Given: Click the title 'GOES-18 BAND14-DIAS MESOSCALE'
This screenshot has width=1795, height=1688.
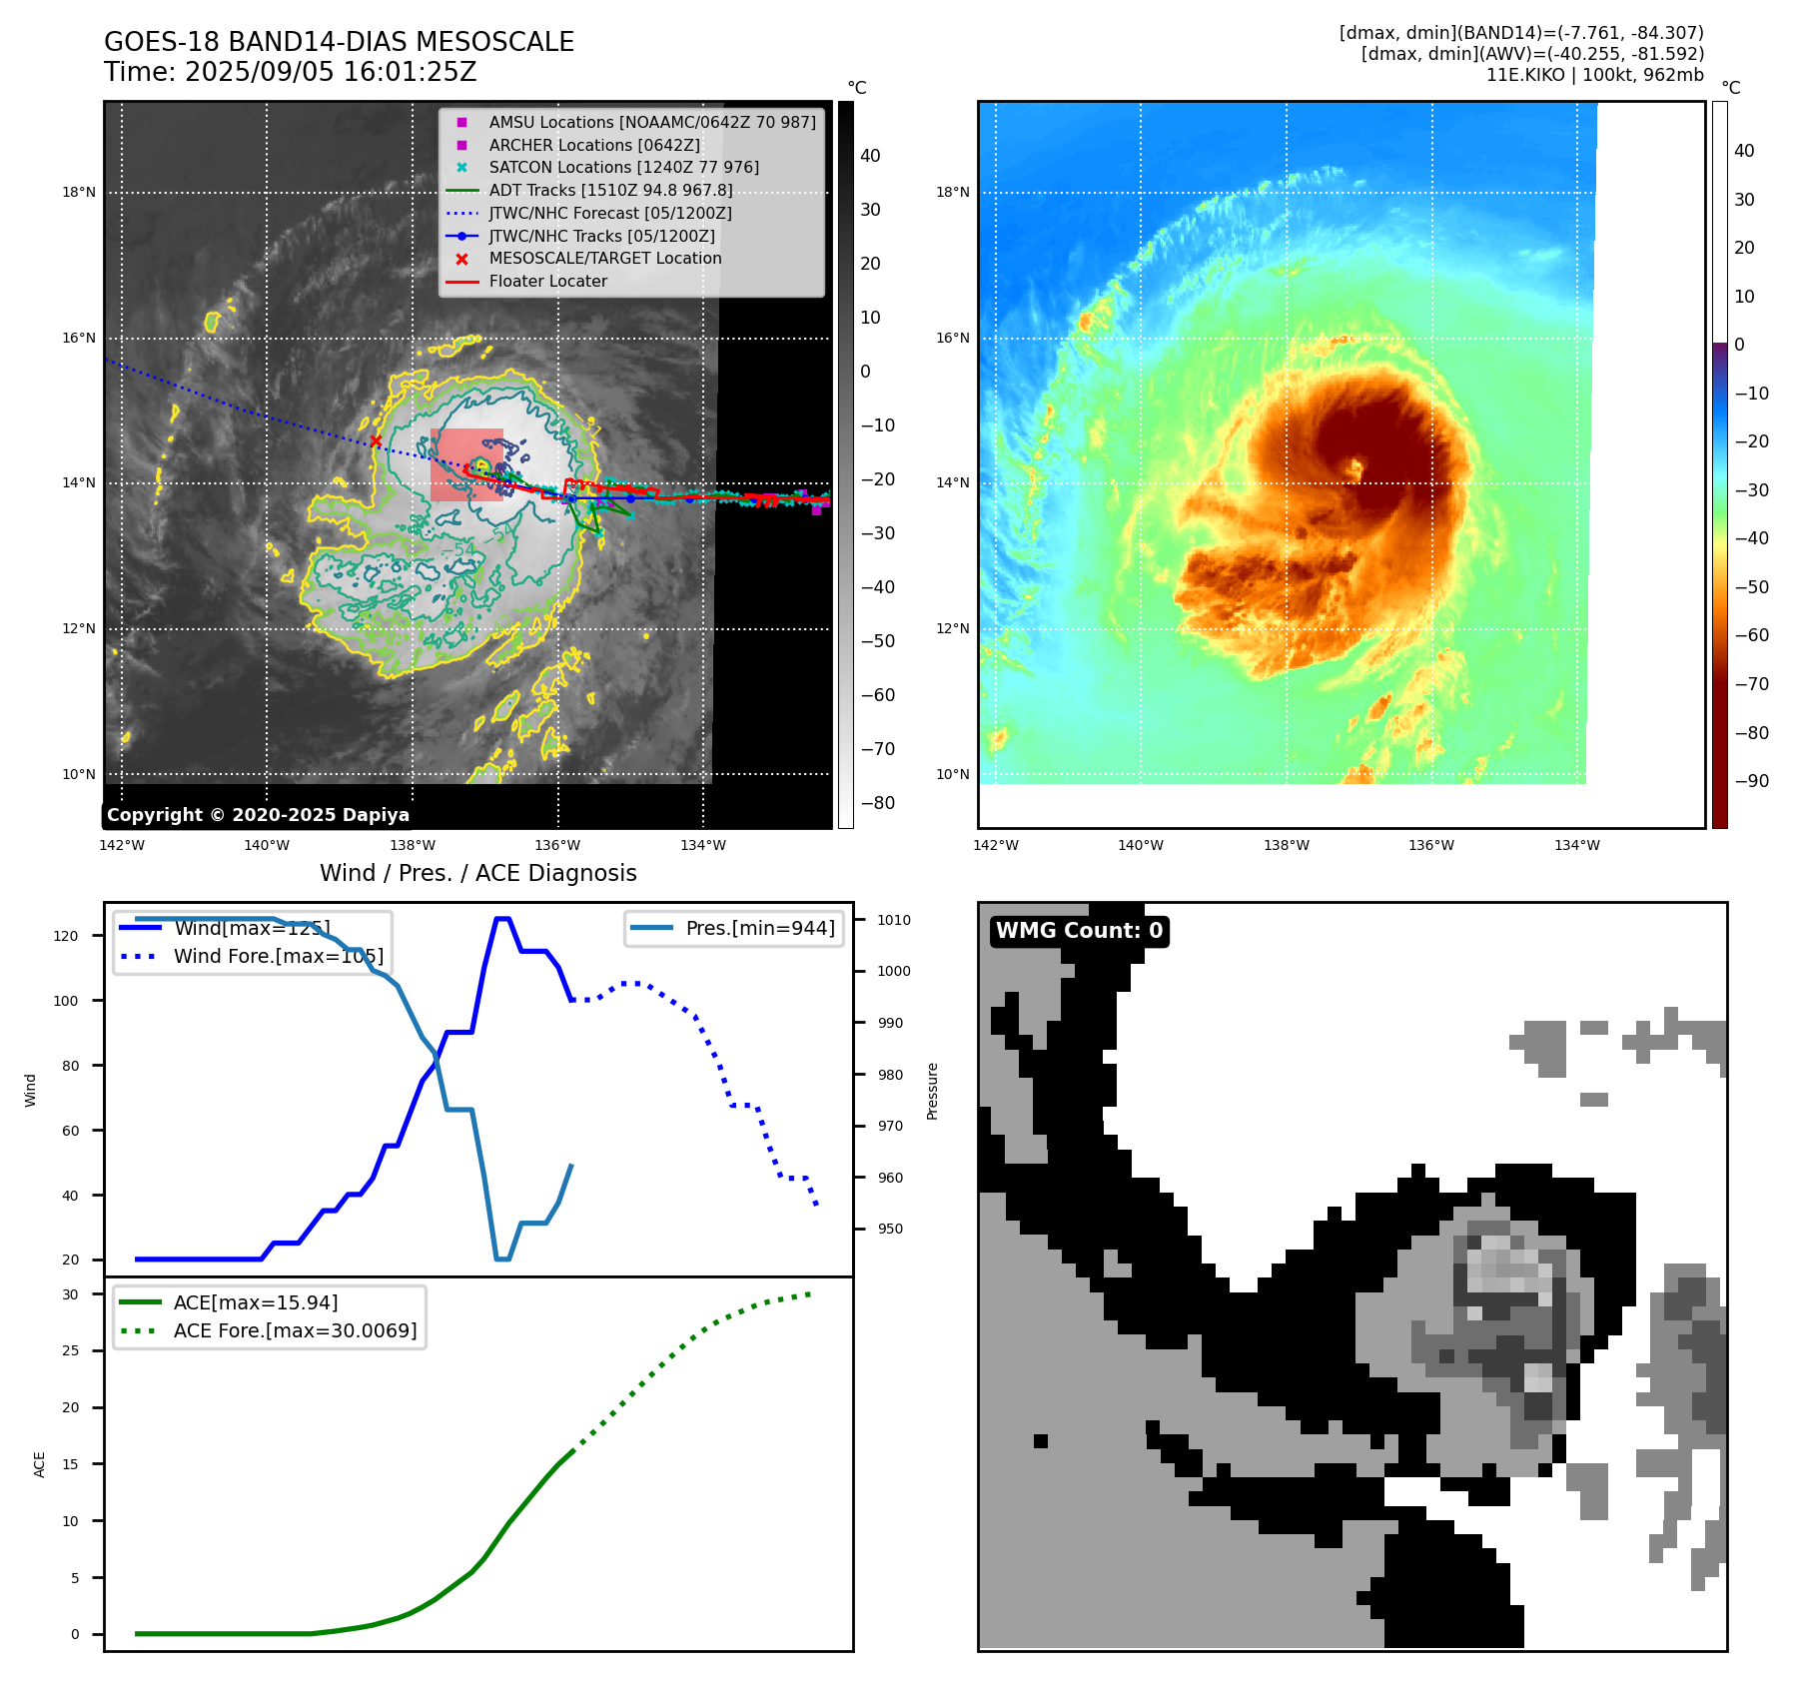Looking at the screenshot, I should point(339,42).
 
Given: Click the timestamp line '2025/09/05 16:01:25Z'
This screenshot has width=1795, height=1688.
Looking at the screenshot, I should point(330,72).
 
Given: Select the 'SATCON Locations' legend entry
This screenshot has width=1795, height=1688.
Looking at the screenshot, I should point(623,167).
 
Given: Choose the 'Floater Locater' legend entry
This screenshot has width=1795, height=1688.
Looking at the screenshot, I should point(547,281).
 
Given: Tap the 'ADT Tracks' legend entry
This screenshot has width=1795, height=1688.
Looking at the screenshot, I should point(610,190).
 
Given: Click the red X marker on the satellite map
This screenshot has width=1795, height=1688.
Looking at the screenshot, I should point(376,441).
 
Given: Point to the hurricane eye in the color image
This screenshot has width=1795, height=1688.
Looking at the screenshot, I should point(1355,466).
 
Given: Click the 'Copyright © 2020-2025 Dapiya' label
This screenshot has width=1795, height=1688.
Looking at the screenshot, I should point(258,815).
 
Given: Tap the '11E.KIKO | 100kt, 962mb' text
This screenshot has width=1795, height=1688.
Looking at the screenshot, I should point(1594,75).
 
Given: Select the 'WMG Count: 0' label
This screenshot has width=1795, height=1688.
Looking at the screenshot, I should point(1079,931).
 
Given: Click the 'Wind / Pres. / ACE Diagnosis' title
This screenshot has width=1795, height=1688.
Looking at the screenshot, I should point(477,873).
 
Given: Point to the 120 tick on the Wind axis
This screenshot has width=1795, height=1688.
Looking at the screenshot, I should point(66,936).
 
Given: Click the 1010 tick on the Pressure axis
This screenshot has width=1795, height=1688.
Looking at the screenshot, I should point(893,920).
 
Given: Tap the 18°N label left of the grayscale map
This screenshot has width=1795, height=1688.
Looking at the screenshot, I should point(79,192).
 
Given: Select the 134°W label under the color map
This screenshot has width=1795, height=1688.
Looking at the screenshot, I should point(1576,845).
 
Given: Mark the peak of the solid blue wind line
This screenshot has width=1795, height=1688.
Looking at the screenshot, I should point(502,919).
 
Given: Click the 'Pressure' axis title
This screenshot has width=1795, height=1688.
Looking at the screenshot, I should point(932,1091).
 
